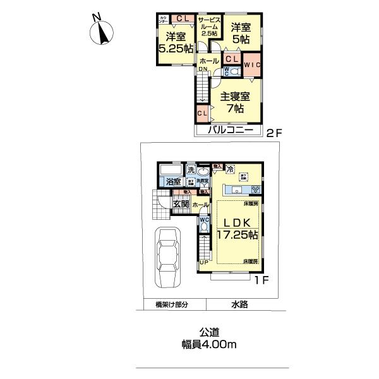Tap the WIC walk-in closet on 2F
tap(252, 65)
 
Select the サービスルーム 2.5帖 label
tap(209, 27)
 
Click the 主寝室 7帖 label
tap(235, 102)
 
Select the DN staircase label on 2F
tap(203, 70)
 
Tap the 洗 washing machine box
tap(190, 170)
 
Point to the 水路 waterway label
tap(239, 304)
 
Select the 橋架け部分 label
tap(172, 304)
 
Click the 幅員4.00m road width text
tap(205, 345)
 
